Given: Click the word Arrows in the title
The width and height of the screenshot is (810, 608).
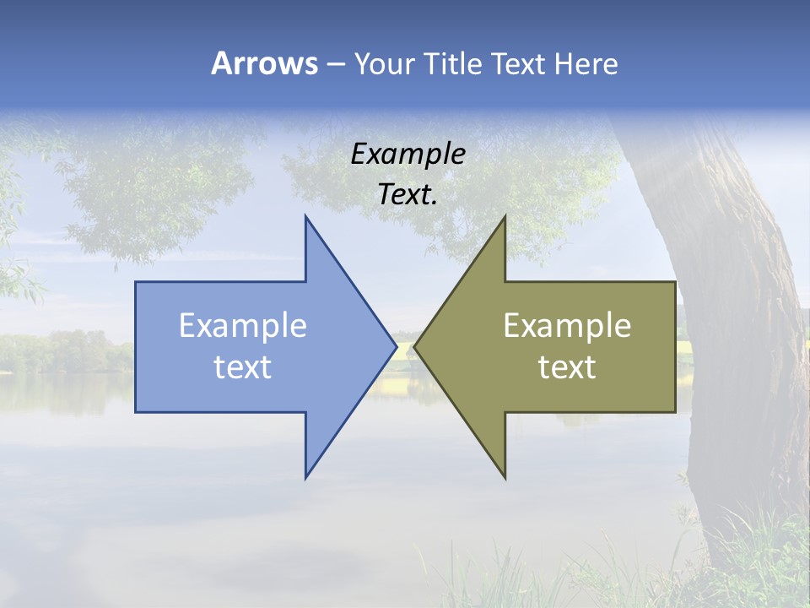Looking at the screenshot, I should [263, 63].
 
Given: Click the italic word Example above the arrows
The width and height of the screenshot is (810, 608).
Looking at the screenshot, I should [408, 154].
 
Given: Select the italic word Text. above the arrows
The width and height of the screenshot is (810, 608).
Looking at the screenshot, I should [408, 194].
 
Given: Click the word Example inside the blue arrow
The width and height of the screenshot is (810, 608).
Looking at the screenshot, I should [243, 325].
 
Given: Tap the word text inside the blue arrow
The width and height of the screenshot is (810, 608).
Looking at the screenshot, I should [243, 366].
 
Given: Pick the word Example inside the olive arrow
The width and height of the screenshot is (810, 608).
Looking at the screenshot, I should [567, 325].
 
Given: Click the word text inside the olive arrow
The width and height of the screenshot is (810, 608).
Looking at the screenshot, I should [567, 366].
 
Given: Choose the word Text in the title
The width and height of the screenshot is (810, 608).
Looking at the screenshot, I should [518, 63].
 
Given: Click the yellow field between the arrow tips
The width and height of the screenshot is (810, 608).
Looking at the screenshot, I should [405, 384].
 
